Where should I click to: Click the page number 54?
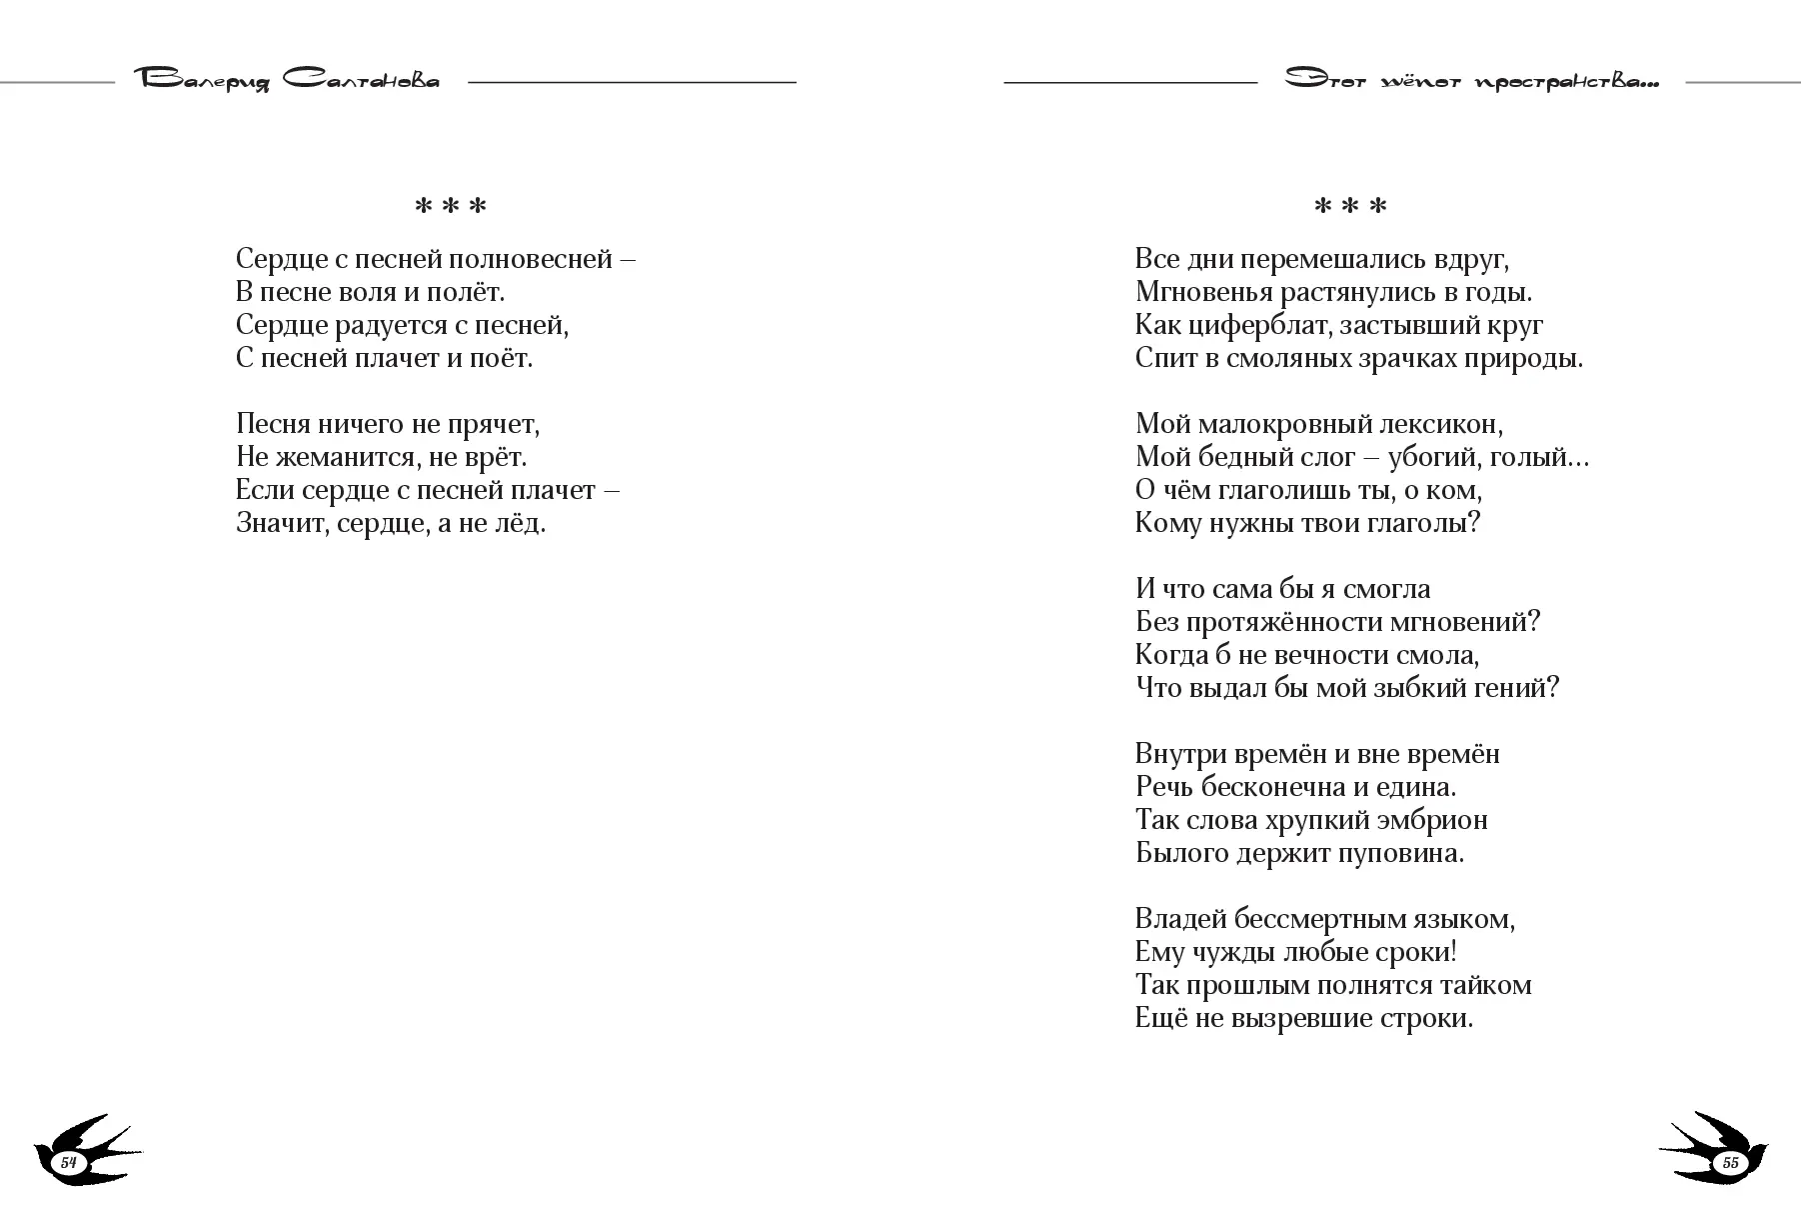pos(69,1162)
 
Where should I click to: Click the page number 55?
pos(1731,1162)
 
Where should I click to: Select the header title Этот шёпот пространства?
pos(1471,81)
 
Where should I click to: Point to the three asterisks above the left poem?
pos(451,207)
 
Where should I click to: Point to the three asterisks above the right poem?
pos(1350,207)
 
